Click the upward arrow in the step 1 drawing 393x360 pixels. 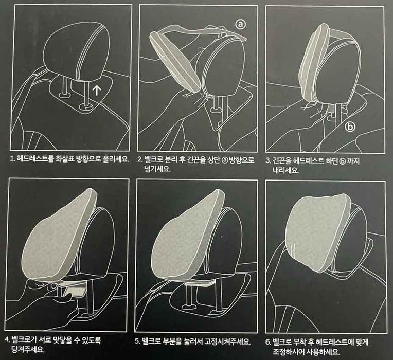[97, 92]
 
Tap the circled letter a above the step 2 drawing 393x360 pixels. [241, 24]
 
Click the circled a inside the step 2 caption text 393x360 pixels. [224, 160]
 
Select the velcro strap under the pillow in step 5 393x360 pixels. [201, 282]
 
